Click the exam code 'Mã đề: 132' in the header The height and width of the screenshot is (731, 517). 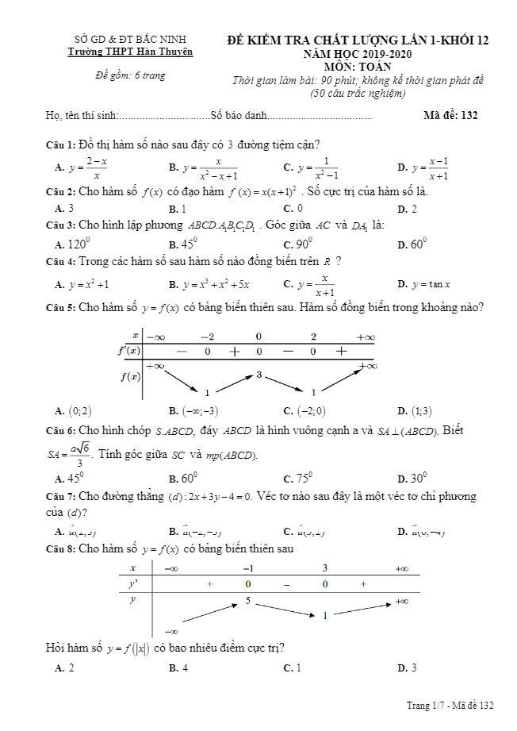[x=450, y=115]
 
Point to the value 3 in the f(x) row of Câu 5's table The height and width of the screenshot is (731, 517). [x=259, y=373]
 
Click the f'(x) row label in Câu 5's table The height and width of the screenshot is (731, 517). [x=129, y=351]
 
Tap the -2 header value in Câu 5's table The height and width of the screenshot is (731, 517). [x=207, y=337]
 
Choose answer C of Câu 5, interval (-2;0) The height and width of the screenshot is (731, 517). [x=310, y=411]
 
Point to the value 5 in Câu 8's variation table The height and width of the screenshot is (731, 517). [x=248, y=601]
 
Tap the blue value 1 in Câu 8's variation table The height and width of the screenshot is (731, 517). [x=324, y=615]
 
